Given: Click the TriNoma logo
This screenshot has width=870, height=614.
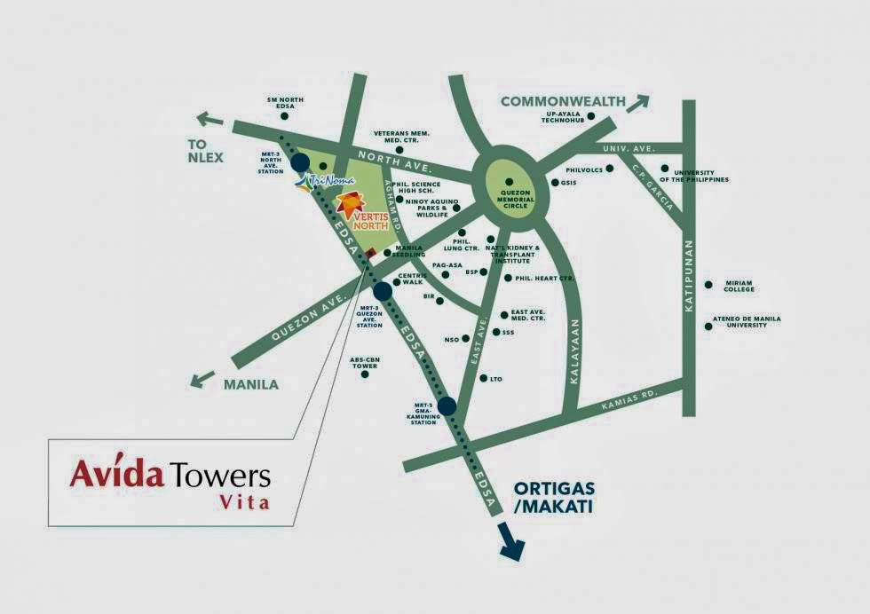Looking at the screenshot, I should pyautogui.click(x=313, y=184).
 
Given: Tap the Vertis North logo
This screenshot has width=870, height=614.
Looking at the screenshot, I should pyautogui.click(x=360, y=210).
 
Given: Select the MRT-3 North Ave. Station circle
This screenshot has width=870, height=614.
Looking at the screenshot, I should pyautogui.click(x=300, y=161).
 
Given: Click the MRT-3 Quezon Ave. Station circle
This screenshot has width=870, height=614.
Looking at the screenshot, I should pyautogui.click(x=383, y=291).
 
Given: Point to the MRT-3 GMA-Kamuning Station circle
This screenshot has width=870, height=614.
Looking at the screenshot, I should pyautogui.click(x=447, y=406).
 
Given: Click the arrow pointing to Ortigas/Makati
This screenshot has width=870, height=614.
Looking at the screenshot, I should pyautogui.click(x=510, y=543).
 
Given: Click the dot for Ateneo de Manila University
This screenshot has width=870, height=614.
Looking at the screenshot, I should pyautogui.click(x=708, y=327).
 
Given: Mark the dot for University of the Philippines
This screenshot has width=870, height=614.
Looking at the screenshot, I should pyautogui.click(x=664, y=168).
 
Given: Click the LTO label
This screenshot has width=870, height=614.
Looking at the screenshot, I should pyautogui.click(x=495, y=379).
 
